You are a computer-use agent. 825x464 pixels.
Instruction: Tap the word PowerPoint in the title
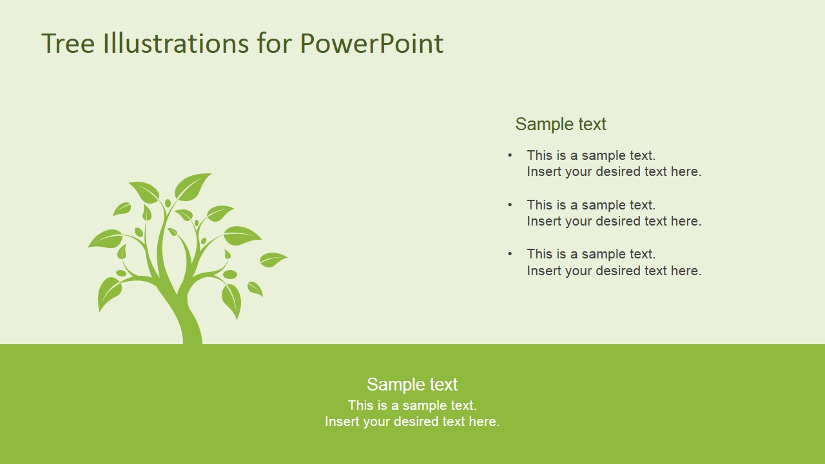click(371, 44)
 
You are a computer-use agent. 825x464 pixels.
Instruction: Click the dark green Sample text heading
click(561, 124)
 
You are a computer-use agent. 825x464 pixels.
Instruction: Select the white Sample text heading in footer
click(412, 384)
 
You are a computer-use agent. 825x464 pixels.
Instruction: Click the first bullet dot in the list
click(510, 155)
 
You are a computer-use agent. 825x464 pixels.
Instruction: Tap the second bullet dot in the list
click(510, 204)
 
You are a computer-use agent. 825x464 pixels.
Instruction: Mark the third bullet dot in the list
click(510, 253)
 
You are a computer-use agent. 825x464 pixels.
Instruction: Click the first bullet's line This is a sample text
click(591, 155)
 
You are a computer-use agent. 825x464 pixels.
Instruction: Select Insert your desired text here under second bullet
click(614, 221)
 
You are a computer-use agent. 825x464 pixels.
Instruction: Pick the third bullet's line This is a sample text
click(591, 254)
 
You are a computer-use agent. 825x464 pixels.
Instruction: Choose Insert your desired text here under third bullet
click(614, 271)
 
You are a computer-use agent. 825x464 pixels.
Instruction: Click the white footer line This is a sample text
click(412, 405)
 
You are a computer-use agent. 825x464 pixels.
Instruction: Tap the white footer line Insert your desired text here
click(412, 421)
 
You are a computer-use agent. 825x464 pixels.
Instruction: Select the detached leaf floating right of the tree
click(273, 259)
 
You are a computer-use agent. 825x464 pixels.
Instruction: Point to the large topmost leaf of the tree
click(192, 186)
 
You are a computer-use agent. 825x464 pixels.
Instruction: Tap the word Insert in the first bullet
click(543, 171)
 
